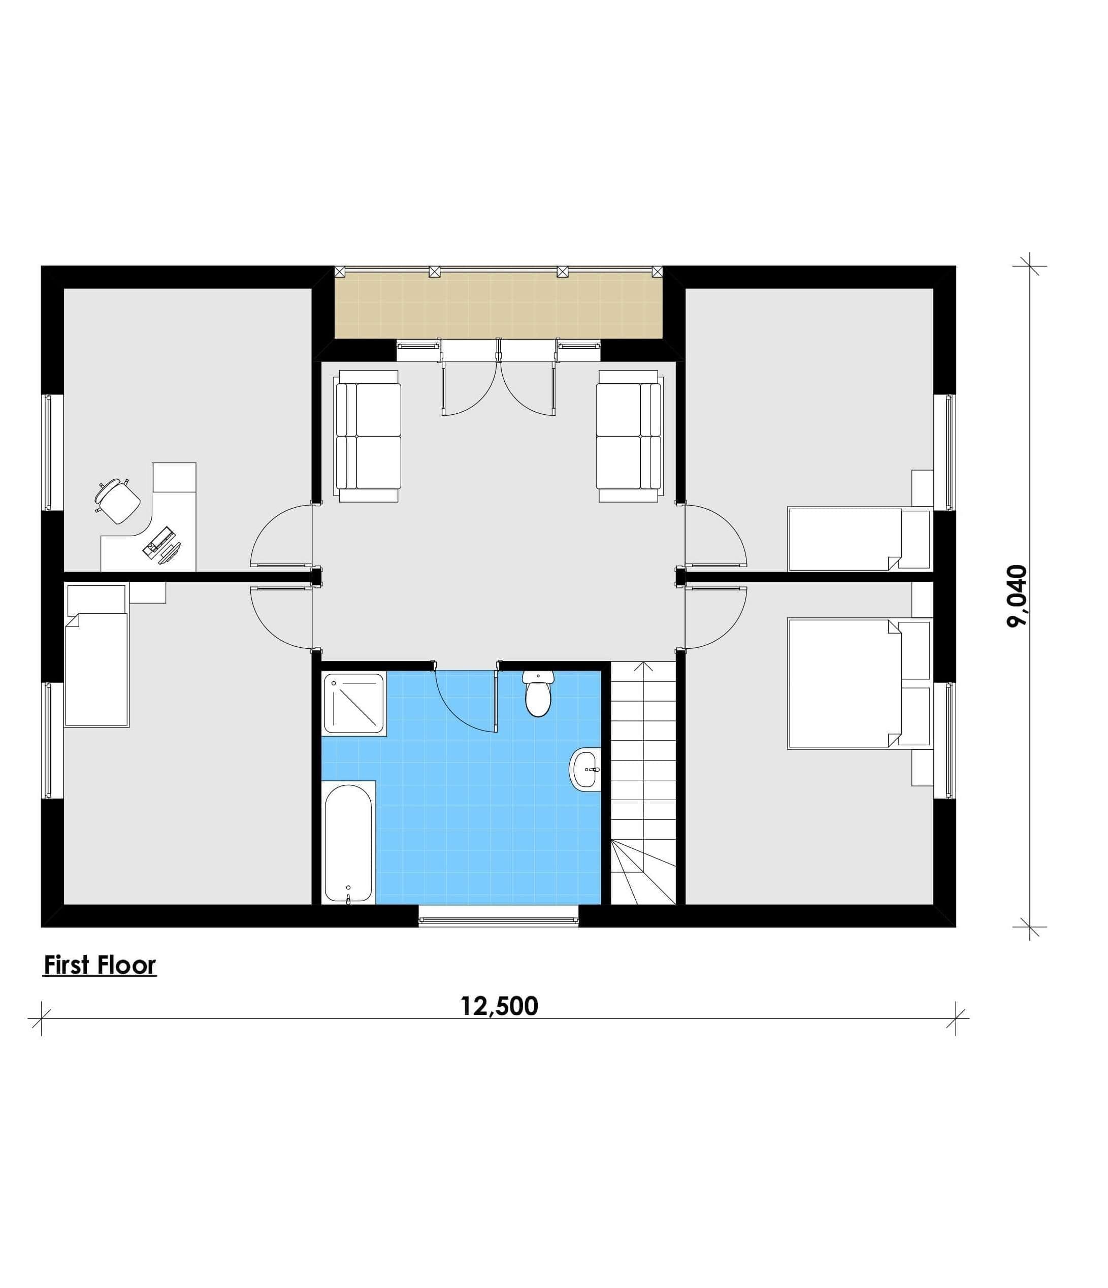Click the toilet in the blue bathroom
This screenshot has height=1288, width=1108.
(537, 693)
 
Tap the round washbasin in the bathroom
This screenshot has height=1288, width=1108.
(585, 771)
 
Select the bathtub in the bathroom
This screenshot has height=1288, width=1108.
(348, 844)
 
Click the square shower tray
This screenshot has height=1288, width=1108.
(354, 703)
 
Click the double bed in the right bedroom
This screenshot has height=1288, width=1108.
(859, 682)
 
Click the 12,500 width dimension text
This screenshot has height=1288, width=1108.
(499, 1006)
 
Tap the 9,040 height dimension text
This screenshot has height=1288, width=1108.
(1017, 596)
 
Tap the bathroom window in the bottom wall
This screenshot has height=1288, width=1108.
(498, 916)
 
